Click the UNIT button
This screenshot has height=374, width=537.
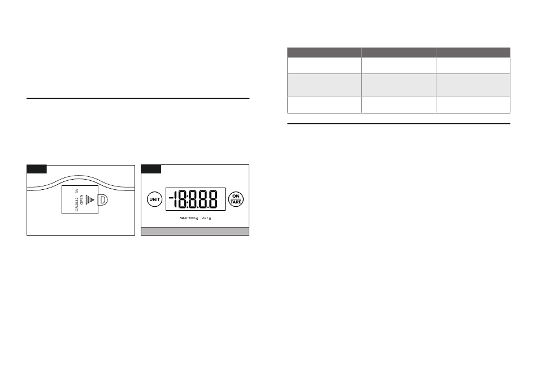coord(154,199)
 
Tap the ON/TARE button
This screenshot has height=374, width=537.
coord(236,199)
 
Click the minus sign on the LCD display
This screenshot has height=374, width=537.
coord(171,197)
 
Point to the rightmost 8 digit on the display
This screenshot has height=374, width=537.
coord(213,199)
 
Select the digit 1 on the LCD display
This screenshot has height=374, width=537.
coord(176,199)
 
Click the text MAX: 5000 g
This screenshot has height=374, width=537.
coord(189,218)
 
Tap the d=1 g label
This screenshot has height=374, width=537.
coord(206,218)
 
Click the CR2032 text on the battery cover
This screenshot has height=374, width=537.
coord(77,205)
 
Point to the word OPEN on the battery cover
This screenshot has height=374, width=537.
coord(81,199)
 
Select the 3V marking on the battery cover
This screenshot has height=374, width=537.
coord(77,191)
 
